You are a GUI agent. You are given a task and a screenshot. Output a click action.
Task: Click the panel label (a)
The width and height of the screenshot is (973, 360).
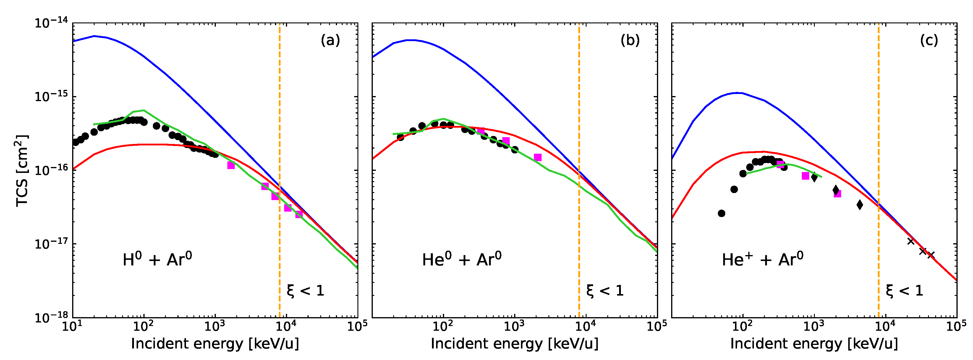pyautogui.click(x=330, y=40)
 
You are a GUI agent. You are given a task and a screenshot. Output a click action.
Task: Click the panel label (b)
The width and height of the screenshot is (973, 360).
pyautogui.click(x=630, y=40)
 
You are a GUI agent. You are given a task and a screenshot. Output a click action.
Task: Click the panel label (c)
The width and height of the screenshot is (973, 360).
pyautogui.click(x=929, y=40)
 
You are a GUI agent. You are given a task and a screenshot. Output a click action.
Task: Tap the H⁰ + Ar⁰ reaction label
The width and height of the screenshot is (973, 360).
pyautogui.click(x=157, y=260)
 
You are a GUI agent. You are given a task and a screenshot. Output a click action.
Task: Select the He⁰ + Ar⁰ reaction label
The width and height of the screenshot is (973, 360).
pyautogui.click(x=462, y=260)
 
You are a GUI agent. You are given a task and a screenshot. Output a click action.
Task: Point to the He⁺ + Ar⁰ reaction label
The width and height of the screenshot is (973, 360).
pyautogui.click(x=762, y=260)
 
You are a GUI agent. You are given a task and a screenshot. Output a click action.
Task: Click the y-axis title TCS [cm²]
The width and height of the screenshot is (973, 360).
pyautogui.click(x=22, y=171)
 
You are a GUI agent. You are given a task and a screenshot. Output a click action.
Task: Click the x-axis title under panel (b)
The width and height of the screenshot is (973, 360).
pyautogui.click(x=514, y=344)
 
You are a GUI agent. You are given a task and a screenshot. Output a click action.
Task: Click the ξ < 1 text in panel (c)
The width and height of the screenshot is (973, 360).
pyautogui.click(x=904, y=291)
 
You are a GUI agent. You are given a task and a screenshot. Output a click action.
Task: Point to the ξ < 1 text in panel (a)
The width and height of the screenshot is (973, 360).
pyautogui.click(x=305, y=291)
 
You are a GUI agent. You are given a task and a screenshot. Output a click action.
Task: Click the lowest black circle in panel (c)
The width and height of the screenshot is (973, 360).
pyautogui.click(x=721, y=213)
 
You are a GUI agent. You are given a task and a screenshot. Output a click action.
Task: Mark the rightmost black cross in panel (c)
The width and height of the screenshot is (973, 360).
pyautogui.click(x=931, y=255)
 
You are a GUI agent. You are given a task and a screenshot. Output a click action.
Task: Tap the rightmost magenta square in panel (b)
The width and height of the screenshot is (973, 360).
pyautogui.click(x=538, y=157)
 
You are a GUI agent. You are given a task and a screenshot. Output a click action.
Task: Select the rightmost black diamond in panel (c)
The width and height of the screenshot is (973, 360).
pyautogui.click(x=860, y=205)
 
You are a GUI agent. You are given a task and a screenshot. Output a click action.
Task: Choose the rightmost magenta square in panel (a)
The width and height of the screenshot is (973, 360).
pyautogui.click(x=299, y=215)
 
